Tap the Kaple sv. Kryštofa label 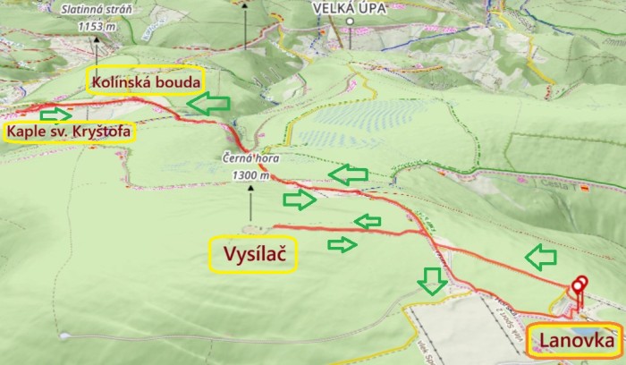(x=70, y=133)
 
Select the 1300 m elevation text (x=250, y=175)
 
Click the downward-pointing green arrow (x=433, y=282)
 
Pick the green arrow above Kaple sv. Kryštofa (x=55, y=115)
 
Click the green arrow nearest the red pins (x=540, y=259)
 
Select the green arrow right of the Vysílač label (x=343, y=243)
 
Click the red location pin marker (x=579, y=284)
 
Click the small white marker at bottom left (x=64, y=337)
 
